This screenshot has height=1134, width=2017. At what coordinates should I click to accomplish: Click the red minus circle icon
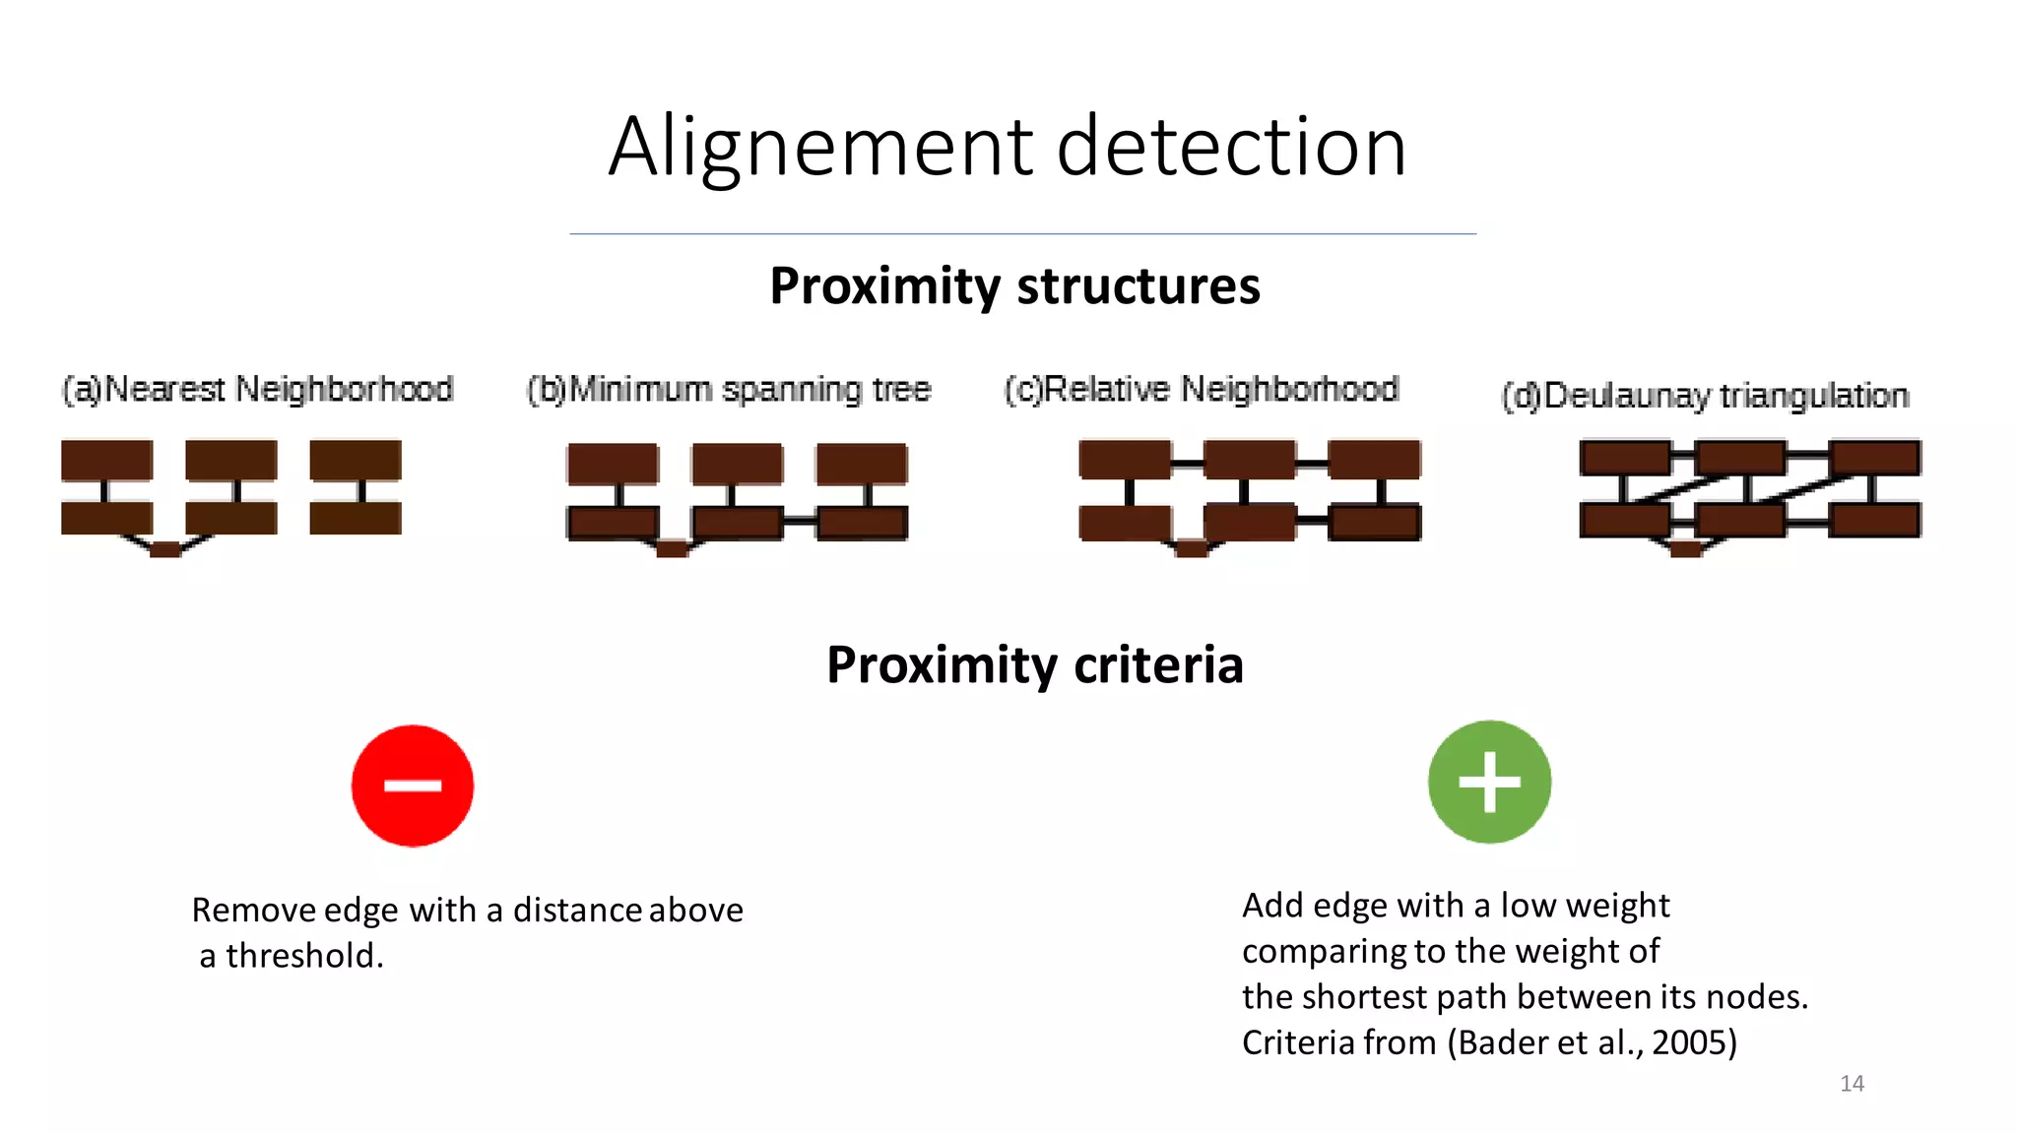click(413, 786)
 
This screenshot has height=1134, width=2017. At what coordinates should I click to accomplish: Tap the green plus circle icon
click(1489, 783)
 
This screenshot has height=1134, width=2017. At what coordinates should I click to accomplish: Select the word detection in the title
click(1231, 148)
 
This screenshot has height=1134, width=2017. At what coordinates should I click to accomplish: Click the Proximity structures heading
click(1014, 286)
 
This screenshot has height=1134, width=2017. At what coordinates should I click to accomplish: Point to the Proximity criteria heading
click(1034, 664)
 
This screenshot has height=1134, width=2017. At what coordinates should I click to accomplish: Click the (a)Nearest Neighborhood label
click(257, 389)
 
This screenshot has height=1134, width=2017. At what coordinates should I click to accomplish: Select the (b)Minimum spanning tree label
click(729, 389)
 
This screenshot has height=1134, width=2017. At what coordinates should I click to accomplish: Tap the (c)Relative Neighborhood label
click(1202, 389)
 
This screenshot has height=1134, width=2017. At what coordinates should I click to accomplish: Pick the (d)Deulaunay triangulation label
click(1705, 396)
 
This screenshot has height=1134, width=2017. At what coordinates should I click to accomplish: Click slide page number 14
click(1852, 1084)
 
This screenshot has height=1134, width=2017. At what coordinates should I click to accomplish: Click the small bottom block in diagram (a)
click(165, 549)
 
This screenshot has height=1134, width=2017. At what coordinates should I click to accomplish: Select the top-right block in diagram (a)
click(356, 460)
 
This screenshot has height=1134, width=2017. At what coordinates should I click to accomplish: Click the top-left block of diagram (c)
click(1125, 460)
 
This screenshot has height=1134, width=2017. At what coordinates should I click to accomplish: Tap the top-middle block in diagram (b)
click(738, 463)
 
